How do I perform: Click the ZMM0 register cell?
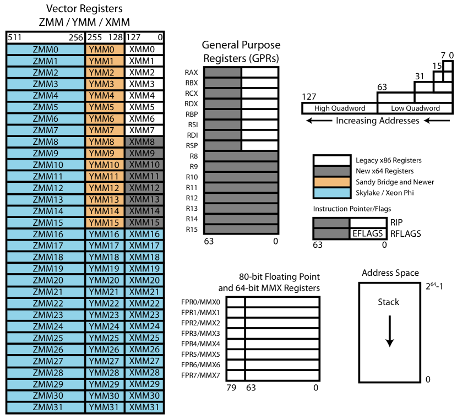pos(46,50)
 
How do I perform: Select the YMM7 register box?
pos(105,130)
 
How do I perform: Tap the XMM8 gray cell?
pos(144,142)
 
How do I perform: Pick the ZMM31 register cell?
pos(46,407)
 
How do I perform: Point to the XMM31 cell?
pos(144,407)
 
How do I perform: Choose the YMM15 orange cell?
pos(105,223)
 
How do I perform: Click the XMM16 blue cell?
pos(144,235)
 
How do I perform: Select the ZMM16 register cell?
pos(46,235)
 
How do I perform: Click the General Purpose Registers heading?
pos(242,52)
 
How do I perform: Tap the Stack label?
pos(388,302)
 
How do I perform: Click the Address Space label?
pos(390,273)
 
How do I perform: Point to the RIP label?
pos(396,223)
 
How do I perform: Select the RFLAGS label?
pos(405,234)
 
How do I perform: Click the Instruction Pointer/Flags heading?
pos(352,209)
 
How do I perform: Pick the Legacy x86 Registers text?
pos(389,160)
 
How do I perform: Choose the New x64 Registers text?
pos(384,171)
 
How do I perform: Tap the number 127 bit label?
pos(309,97)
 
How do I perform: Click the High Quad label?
pos(330,108)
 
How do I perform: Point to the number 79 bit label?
pos(231,388)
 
